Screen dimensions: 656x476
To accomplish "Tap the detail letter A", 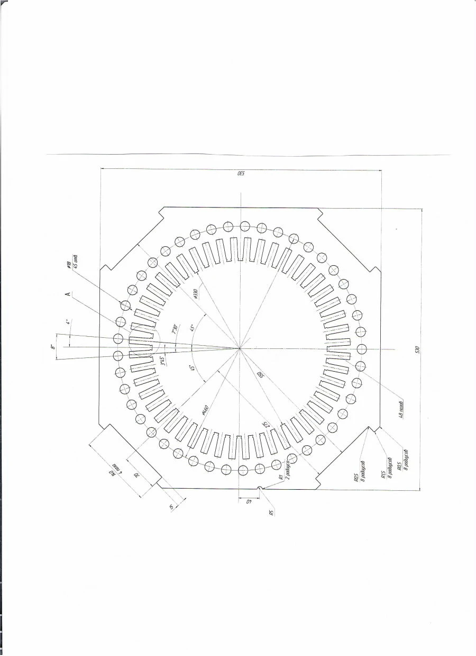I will pyautogui.click(x=68, y=295).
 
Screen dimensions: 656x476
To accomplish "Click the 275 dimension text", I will pyautogui.click(x=267, y=424).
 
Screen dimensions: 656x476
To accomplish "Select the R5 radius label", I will pyautogui.click(x=271, y=513).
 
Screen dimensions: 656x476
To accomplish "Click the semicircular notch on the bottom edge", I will pyautogui.click(x=259, y=488).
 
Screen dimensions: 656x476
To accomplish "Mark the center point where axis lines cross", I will pyautogui.click(x=240, y=348).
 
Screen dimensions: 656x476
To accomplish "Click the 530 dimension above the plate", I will pyautogui.click(x=241, y=174).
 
